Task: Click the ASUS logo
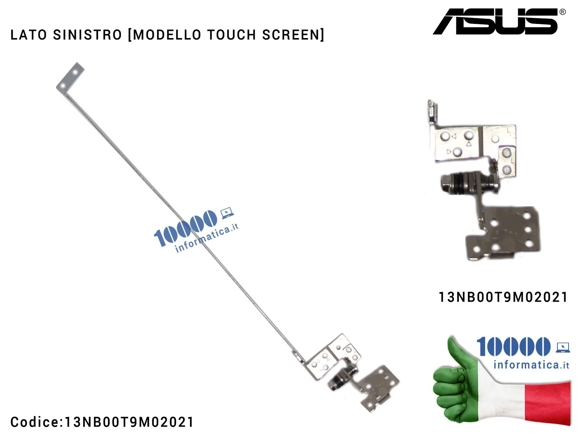[495, 22]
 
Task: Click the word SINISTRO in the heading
[87, 35]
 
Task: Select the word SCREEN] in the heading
[293, 35]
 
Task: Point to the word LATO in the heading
[29, 35]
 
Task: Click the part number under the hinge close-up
[503, 297]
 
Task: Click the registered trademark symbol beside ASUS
[563, 12]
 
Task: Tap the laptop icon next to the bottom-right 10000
[563, 347]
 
